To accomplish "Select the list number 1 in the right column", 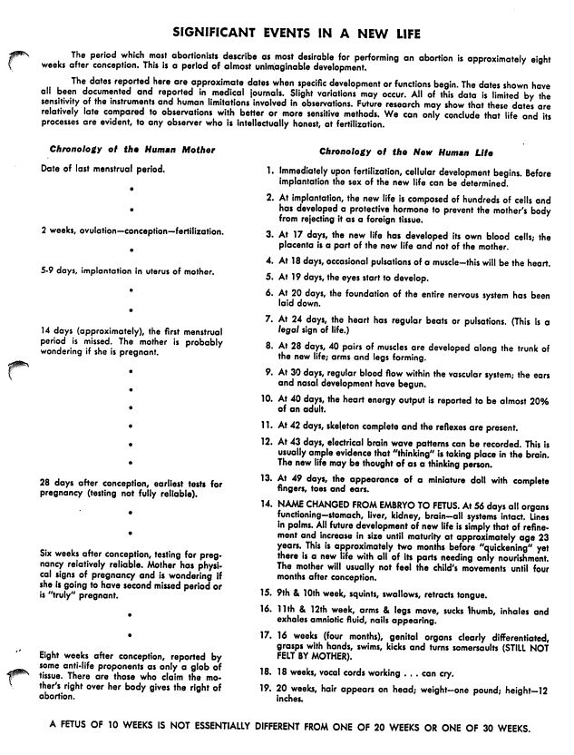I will [x=270, y=171].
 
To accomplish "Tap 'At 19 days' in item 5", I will [x=307, y=274].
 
